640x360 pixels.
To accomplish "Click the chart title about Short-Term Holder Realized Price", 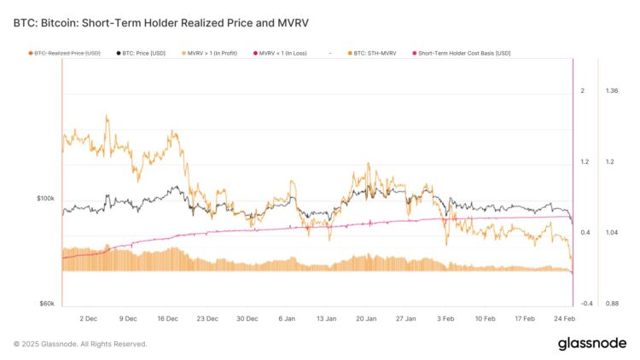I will (x=161, y=23).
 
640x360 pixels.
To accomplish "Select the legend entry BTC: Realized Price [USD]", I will (x=67, y=53).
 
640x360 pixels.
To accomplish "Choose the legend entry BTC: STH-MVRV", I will (x=376, y=53).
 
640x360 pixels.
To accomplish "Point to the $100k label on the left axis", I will (x=45, y=199).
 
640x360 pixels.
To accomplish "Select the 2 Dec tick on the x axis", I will (x=88, y=318).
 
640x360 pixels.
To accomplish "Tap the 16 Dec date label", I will (x=167, y=318).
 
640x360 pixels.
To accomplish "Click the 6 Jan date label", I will (x=286, y=318).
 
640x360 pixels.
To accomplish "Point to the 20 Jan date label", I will (x=365, y=318).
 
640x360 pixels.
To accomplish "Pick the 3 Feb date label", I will (x=445, y=318).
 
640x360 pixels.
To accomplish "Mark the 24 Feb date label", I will (x=563, y=318).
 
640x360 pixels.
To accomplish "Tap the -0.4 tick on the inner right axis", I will (x=586, y=304).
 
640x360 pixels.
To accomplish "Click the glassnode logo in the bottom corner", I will (x=591, y=344).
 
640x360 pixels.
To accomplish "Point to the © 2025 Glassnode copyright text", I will (x=80, y=344).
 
